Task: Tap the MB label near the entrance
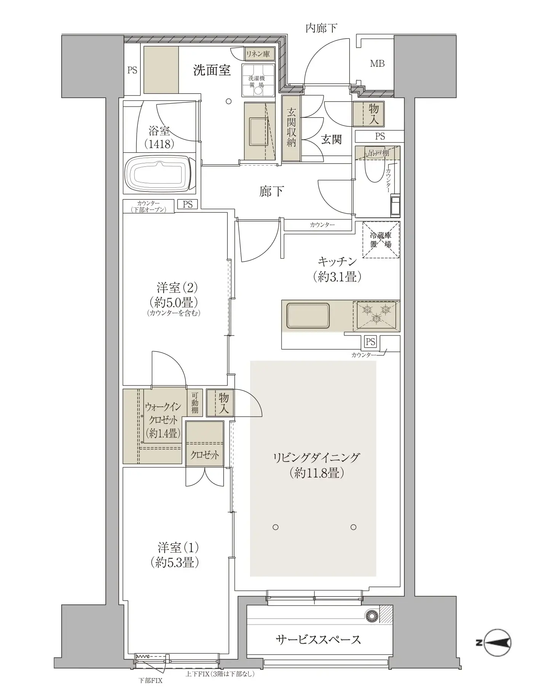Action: [377, 64]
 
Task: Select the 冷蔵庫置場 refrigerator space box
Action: [381, 240]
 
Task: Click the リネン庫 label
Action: [257, 54]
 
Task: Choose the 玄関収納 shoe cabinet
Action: [291, 128]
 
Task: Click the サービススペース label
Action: [318, 639]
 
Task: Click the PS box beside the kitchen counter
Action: [370, 342]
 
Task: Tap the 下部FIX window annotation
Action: [150, 681]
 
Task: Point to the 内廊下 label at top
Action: [321, 28]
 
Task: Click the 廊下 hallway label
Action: [271, 191]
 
